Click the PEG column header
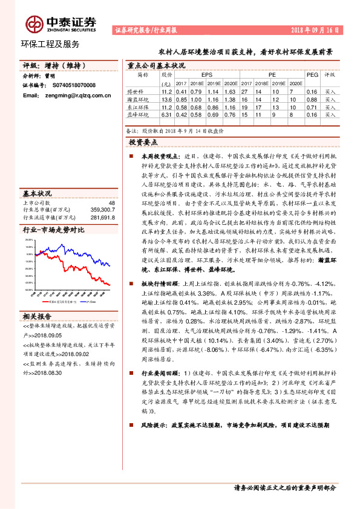tap(312, 75)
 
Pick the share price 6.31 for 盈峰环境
tap(166, 114)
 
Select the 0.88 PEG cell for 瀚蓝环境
tap(312, 99)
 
